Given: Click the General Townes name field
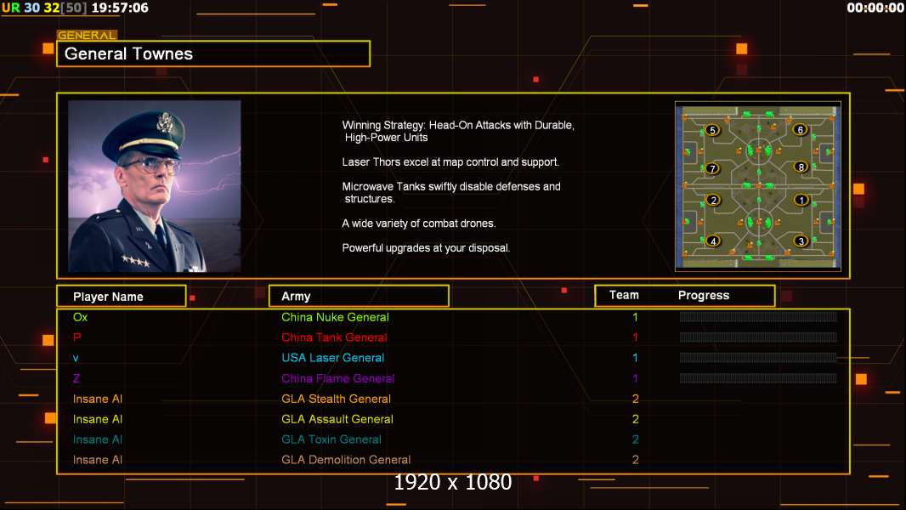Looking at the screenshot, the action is point(213,54).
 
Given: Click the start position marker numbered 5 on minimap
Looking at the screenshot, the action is point(712,131).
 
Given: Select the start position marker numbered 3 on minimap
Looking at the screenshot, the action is point(801,241).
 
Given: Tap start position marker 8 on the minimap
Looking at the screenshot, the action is point(801,167).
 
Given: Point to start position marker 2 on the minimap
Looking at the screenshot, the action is point(713,201).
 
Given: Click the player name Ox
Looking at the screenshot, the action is point(80,317).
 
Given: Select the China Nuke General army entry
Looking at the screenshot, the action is point(335,317).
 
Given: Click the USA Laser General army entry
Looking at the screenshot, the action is point(333,358).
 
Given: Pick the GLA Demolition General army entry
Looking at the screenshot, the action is point(346,460).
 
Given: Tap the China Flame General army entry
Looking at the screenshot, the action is point(338,378).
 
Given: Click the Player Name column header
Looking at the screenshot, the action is point(122,297).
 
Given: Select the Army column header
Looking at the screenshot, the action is point(359,297).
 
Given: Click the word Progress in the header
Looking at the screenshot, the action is point(704,295).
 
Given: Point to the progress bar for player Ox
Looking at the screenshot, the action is point(758,316).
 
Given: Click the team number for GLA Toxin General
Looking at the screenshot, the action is point(635,439).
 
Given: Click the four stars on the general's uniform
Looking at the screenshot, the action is point(136,261).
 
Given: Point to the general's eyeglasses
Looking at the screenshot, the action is point(149,165).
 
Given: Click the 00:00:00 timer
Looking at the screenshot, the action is point(875,8).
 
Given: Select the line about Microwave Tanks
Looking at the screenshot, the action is point(451,192).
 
